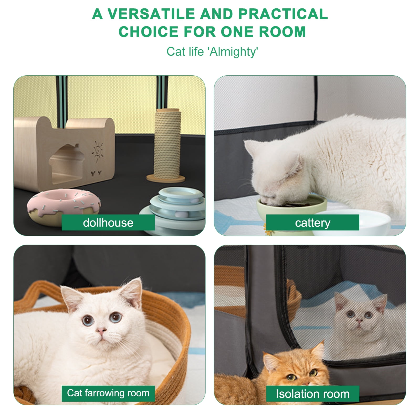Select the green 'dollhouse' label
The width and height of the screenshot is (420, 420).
pos(108,223)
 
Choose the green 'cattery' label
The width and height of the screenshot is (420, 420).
pos(313,223)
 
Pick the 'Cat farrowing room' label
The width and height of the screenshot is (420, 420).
pos(108,393)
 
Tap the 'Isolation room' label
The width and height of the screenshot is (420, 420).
pos(313,394)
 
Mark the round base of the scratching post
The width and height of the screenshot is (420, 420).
pos(166,178)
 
